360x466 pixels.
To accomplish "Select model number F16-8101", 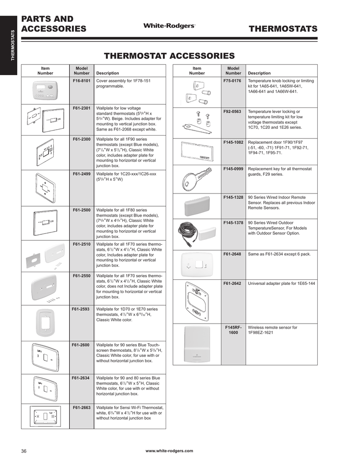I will [82, 81].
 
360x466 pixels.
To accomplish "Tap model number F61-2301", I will [82, 108].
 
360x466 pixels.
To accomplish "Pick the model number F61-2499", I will [82, 173].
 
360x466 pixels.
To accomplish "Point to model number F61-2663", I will [82, 407].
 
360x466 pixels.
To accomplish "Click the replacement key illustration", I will [196, 178].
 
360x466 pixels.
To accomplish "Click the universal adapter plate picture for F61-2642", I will [196, 300].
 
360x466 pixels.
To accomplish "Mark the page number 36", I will [24, 451].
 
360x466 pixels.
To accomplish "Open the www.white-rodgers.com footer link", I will [169, 451].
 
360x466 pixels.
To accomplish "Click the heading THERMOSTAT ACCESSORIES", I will [169, 56].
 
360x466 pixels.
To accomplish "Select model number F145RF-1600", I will [233, 330].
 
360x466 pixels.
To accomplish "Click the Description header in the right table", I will [259, 73].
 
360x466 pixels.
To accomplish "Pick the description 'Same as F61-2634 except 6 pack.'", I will [279, 254].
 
